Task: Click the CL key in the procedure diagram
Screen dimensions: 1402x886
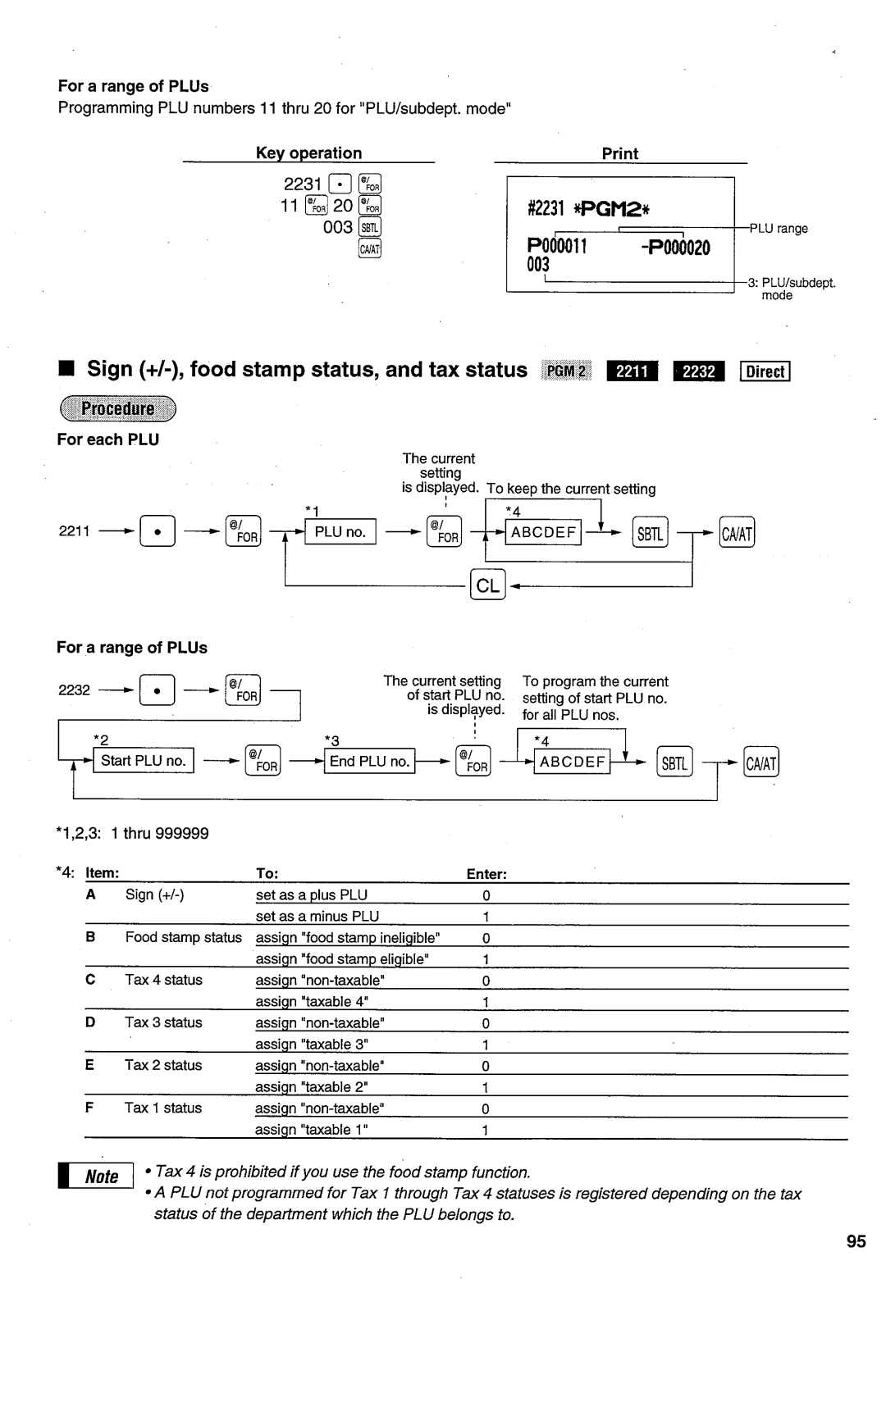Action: tap(487, 585)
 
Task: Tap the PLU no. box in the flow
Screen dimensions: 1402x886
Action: tap(340, 532)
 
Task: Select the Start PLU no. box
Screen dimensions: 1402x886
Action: tap(144, 761)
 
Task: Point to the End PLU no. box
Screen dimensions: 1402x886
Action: tap(369, 761)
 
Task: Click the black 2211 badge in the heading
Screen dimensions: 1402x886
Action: tap(632, 371)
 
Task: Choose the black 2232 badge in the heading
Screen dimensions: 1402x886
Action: tap(698, 371)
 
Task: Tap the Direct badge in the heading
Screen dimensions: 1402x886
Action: tap(765, 371)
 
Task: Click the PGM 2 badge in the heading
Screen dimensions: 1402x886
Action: tap(566, 371)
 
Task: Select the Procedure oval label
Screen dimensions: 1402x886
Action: tap(117, 408)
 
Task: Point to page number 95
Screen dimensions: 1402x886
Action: tap(856, 1241)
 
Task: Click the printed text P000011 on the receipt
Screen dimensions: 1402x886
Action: tap(557, 247)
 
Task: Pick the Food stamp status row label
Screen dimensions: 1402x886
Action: tap(183, 937)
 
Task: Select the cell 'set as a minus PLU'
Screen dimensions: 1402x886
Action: tap(317, 916)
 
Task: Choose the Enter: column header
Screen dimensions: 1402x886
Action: tap(486, 874)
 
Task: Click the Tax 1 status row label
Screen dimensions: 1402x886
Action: tap(162, 1108)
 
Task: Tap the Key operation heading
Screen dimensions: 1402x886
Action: tap(308, 153)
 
